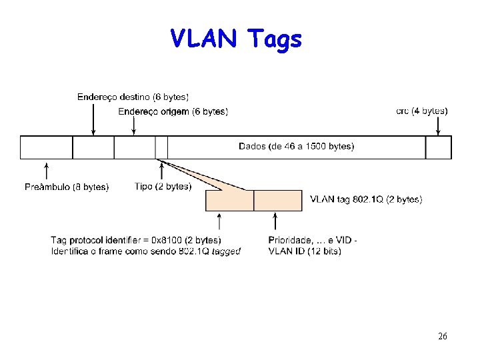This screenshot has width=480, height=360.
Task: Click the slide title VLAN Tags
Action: point(236,39)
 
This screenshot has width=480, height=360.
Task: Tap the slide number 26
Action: point(443,336)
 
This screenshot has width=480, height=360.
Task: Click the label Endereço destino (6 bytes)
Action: point(133,97)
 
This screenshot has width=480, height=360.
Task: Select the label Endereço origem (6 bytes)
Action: point(173,111)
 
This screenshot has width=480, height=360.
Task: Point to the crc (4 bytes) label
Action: point(421,111)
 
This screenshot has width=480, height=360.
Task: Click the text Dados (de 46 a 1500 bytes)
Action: point(296,147)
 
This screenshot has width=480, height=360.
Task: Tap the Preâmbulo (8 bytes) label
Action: point(67,187)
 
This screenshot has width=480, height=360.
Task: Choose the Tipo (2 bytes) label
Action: point(163,187)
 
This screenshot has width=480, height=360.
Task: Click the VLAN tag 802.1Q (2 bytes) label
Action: point(366,199)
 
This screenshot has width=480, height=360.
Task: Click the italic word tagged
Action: point(226,251)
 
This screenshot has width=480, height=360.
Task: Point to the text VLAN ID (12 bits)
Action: point(305,251)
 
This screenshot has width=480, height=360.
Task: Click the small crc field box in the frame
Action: point(438,147)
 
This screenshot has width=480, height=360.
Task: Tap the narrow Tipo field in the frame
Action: point(161,147)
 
